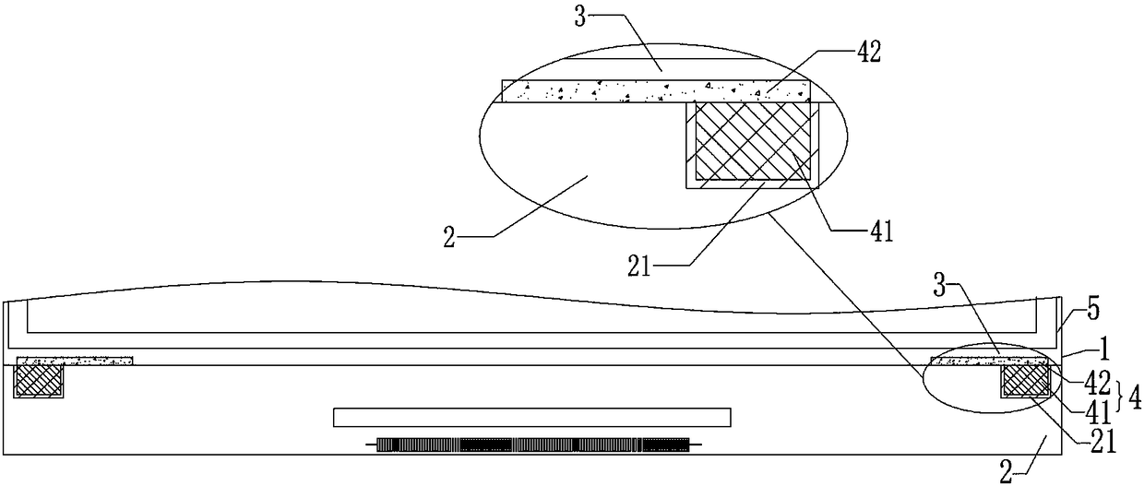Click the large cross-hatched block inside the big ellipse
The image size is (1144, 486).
pyautogui.click(x=753, y=140)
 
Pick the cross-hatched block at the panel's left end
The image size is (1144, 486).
pyautogui.click(x=38, y=381)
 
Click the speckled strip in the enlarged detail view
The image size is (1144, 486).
pyautogui.click(x=655, y=90)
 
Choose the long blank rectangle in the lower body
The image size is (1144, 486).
pyautogui.click(x=531, y=417)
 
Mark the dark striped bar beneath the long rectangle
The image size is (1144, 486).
pyautogui.click(x=533, y=445)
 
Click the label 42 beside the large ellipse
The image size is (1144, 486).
pyautogui.click(x=869, y=53)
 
